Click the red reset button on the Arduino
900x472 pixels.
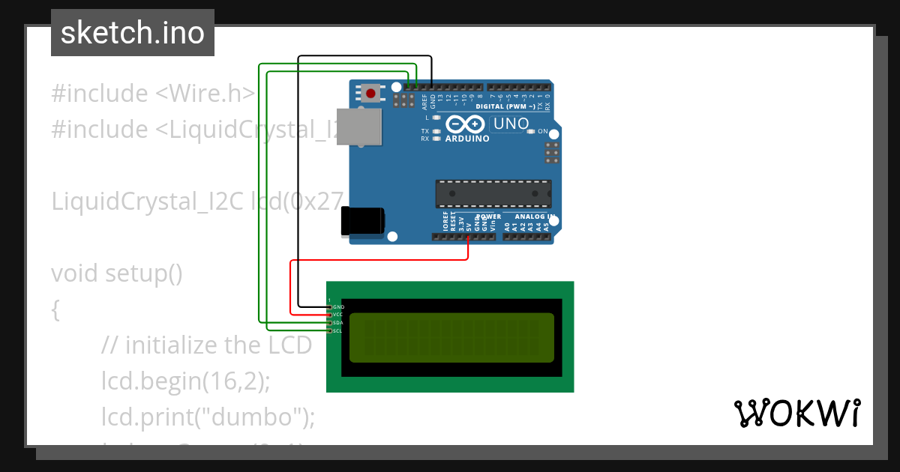(370, 94)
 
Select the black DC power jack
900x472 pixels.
(362, 220)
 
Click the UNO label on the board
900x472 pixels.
(511, 124)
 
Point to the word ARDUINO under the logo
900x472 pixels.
(467, 139)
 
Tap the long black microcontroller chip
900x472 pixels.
(493, 193)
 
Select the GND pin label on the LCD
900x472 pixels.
(339, 307)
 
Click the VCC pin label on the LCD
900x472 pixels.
(338, 315)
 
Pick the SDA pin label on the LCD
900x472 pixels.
(338, 323)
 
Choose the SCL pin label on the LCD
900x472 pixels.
(338, 330)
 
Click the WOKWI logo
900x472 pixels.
(797, 413)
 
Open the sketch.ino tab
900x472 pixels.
(133, 33)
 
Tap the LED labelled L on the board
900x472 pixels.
(436, 118)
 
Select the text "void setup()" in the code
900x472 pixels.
(117, 273)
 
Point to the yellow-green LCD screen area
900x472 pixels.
(451, 336)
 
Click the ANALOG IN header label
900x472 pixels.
(534, 217)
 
